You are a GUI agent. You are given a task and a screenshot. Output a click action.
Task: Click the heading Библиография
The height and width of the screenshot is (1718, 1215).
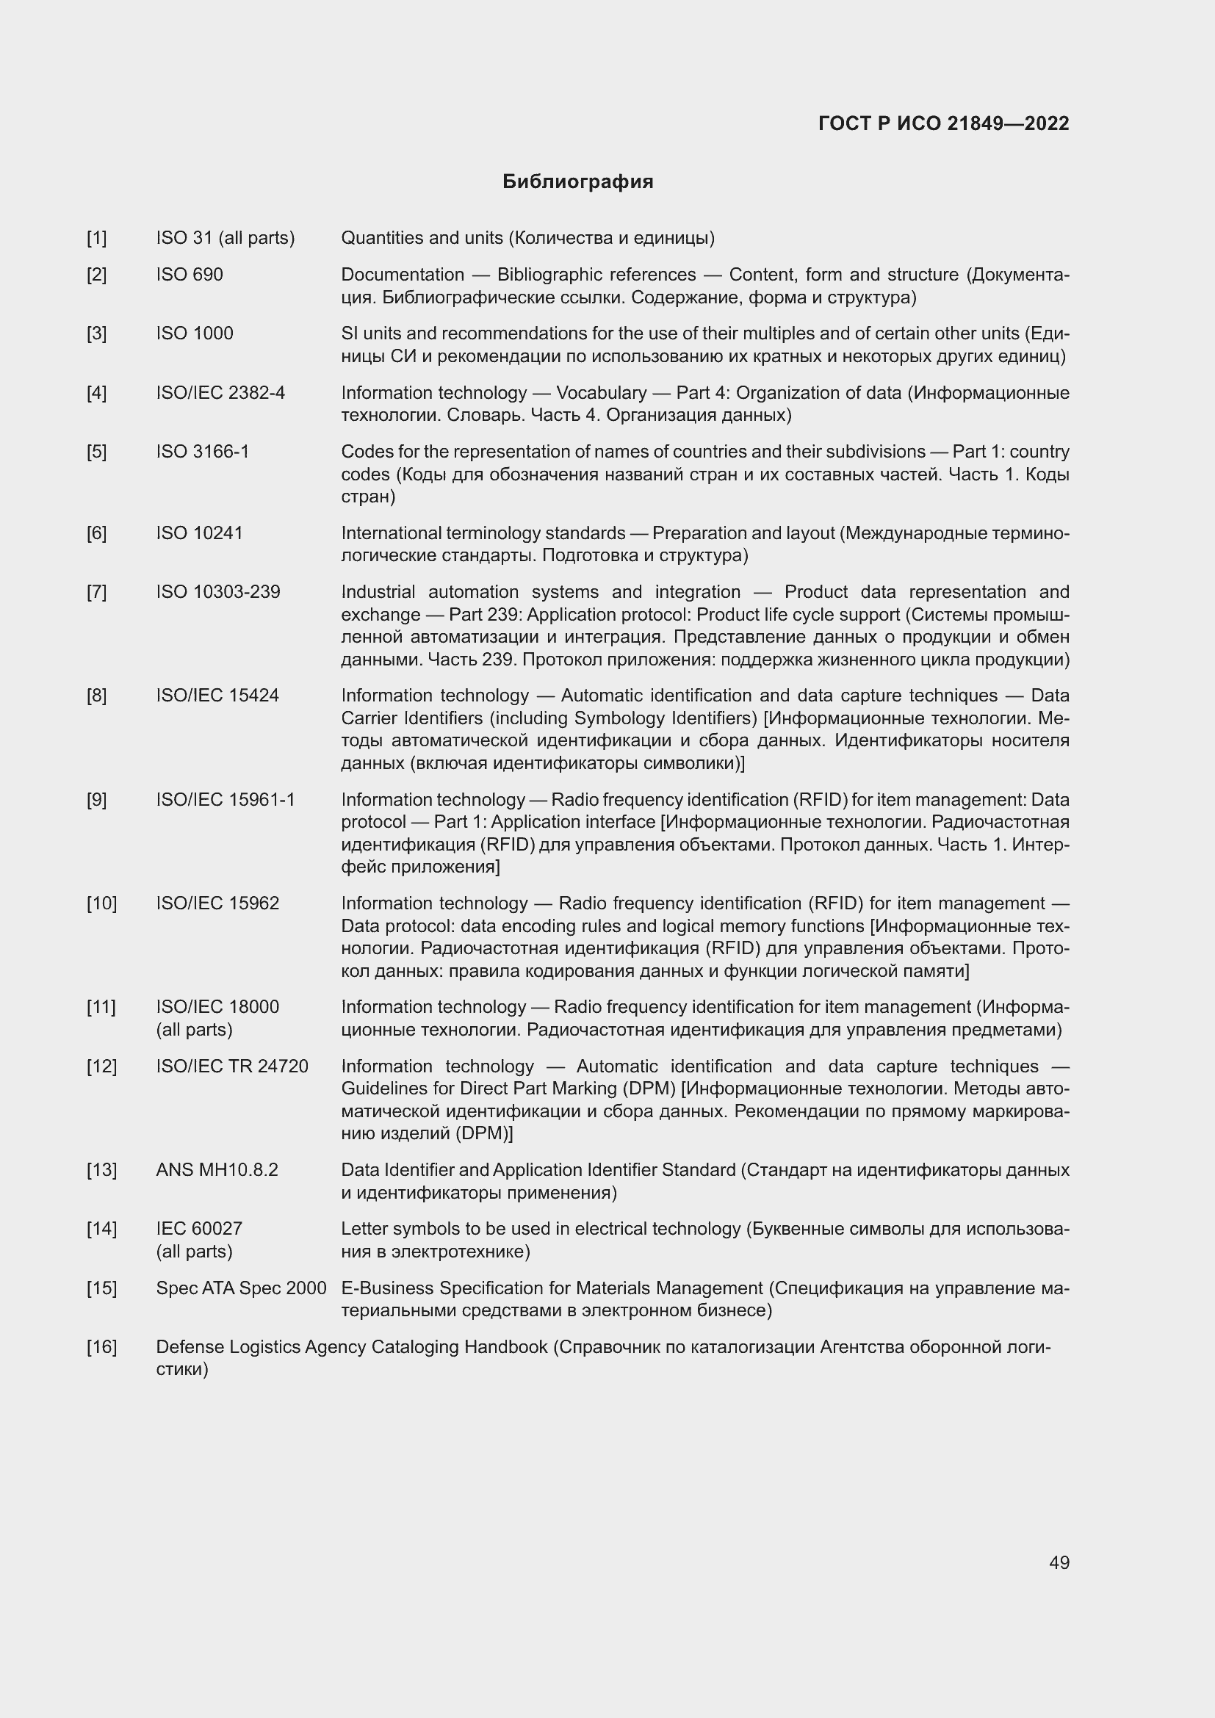coord(577,182)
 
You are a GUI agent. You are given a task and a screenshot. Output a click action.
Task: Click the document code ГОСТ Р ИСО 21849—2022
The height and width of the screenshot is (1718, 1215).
coord(943,123)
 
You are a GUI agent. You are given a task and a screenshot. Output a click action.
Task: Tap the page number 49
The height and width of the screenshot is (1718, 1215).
coord(1059,1562)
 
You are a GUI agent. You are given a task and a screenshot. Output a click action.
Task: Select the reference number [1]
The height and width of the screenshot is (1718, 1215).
coord(96,238)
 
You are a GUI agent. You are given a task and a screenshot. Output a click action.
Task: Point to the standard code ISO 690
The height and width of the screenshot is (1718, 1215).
coord(190,275)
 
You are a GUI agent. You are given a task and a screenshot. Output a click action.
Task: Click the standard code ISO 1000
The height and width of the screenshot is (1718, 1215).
coord(195,333)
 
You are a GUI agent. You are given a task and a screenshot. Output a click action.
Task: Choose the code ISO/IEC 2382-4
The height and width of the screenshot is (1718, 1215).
coord(220,393)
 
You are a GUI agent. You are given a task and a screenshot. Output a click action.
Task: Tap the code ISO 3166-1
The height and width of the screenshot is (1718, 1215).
coord(203,451)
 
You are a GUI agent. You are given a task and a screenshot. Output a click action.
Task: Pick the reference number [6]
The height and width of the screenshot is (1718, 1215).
coord(96,533)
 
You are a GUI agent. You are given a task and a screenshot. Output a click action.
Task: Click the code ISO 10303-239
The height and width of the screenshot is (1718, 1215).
coord(217,592)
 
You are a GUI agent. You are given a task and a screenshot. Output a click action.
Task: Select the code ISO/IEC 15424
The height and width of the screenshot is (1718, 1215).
coord(217,695)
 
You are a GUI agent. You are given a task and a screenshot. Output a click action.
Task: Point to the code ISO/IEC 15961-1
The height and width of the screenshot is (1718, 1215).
coord(226,799)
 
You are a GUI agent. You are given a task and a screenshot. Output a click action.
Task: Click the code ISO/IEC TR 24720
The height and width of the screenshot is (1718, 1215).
coord(232,1066)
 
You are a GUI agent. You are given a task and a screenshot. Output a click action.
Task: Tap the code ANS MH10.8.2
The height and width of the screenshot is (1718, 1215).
coord(217,1169)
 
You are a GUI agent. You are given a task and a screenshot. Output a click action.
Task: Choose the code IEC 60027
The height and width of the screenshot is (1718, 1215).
coord(199,1229)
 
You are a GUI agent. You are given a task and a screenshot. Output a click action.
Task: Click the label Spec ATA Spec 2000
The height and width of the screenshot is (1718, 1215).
coord(241,1288)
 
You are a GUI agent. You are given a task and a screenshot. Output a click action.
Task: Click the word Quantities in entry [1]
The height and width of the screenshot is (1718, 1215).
coord(378,238)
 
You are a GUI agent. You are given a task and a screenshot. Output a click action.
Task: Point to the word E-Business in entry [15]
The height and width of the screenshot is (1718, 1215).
coord(387,1288)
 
